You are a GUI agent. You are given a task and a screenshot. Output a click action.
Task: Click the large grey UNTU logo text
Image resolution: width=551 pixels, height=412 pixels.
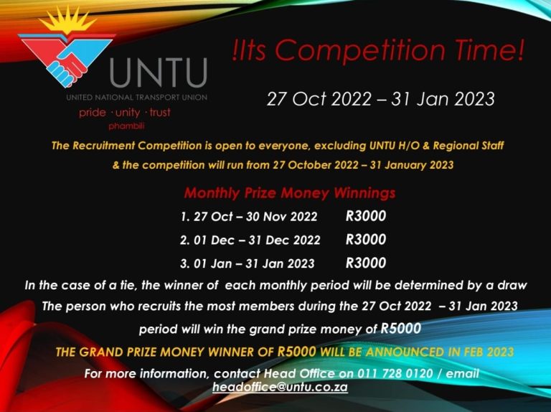158,72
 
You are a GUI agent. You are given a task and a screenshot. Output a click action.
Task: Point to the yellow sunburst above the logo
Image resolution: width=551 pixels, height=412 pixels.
67,20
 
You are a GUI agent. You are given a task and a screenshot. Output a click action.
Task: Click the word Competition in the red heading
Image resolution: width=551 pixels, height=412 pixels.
359,50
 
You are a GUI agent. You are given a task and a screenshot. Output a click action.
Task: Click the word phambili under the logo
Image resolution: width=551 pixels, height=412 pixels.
126,126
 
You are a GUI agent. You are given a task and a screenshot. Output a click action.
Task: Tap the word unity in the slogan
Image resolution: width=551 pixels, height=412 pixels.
128,113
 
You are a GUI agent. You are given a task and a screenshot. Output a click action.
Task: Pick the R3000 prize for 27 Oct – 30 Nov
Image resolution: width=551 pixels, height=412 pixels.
366,216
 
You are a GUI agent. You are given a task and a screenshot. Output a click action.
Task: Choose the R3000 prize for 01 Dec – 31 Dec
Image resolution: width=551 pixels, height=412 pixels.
366,240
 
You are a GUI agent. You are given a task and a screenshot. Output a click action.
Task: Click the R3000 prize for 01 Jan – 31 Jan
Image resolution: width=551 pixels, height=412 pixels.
366,263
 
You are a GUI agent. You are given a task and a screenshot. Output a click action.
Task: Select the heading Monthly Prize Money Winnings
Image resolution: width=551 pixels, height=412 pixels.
290,193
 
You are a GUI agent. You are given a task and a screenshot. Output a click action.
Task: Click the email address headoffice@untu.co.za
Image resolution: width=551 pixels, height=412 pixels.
280,387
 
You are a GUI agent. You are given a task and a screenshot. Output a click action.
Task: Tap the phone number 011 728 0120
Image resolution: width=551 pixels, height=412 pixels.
395,373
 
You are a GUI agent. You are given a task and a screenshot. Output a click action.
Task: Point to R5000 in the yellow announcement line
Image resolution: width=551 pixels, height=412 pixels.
297,352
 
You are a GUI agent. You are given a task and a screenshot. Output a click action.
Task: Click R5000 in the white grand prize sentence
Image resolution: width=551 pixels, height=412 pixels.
401,328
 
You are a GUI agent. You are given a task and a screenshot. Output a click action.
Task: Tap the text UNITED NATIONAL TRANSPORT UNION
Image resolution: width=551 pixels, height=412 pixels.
137,98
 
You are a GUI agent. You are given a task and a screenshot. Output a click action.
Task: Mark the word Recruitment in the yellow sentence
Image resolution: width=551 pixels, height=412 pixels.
103,146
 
